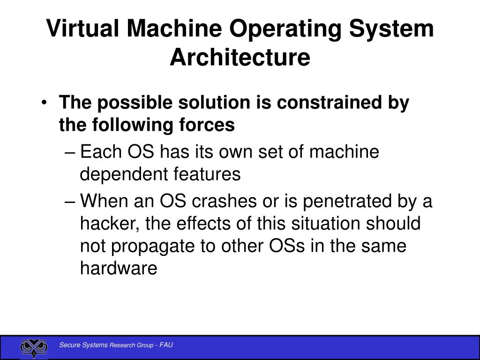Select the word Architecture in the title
pyautogui.click(x=240, y=57)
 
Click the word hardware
pyautogui.click(x=119, y=269)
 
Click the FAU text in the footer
pyautogui.click(x=166, y=345)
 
